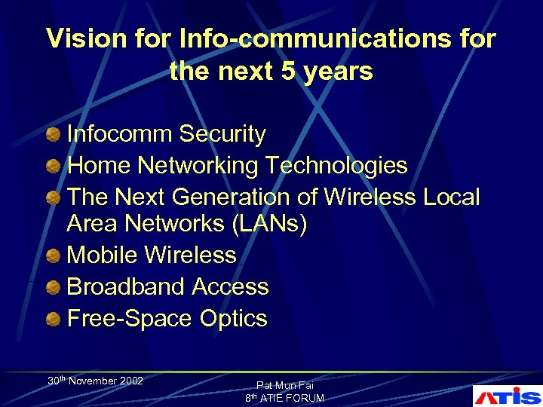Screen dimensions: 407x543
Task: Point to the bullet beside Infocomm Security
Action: click(x=53, y=135)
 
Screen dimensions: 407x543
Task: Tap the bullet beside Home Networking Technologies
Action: click(x=53, y=166)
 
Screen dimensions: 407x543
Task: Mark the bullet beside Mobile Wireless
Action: click(x=53, y=256)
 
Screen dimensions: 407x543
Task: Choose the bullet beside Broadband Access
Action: click(x=53, y=288)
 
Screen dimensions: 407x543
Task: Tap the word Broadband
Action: click(x=126, y=287)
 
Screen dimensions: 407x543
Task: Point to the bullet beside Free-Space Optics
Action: click(x=53, y=320)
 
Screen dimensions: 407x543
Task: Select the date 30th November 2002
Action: click(x=96, y=381)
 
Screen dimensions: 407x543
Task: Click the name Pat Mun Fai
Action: click(x=284, y=384)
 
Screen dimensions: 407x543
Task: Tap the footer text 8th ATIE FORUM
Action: click(x=284, y=398)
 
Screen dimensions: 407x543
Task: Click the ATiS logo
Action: click(x=507, y=395)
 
